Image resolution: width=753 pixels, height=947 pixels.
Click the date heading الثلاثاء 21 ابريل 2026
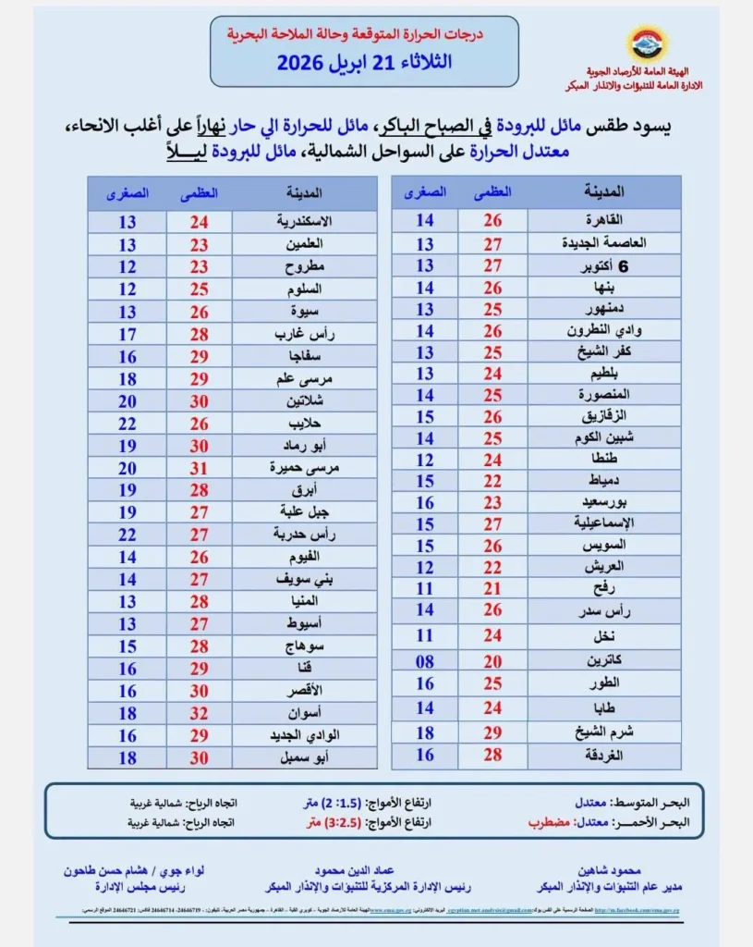364,64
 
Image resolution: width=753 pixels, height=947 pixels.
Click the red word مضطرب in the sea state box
546,820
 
